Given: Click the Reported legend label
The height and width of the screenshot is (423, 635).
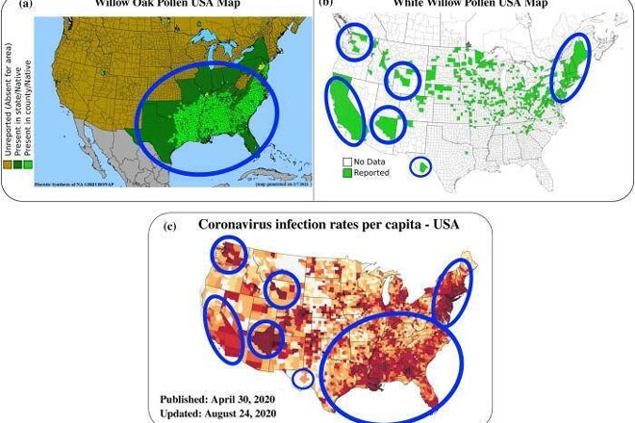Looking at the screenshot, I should pyautogui.click(x=371, y=173).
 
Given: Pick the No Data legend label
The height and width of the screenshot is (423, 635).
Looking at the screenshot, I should pyautogui.click(x=371, y=161).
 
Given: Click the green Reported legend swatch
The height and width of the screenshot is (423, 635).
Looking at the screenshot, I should pyautogui.click(x=348, y=173).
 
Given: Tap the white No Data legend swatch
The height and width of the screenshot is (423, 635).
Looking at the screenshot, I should pyautogui.click(x=348, y=161).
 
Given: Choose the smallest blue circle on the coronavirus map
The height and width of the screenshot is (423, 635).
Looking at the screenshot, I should pyautogui.click(x=301, y=379).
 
